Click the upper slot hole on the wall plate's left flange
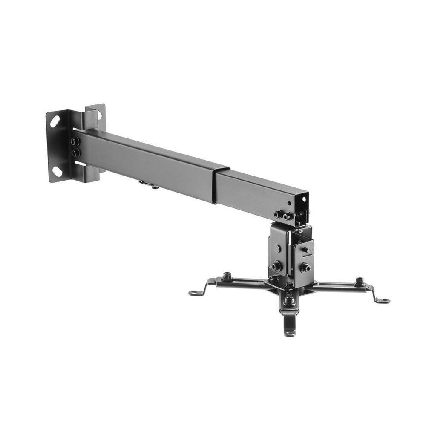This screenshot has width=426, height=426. [55, 121]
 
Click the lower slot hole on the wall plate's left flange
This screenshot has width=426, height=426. [56, 171]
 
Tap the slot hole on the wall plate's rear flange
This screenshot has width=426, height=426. [100, 115]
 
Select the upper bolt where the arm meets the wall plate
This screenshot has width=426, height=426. [75, 141]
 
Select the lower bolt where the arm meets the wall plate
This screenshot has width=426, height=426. [75, 152]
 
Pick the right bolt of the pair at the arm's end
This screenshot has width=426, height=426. [288, 216]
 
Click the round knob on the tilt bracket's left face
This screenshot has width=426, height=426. [277, 248]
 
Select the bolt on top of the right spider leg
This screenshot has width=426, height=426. [360, 281]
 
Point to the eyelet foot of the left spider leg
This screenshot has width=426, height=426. [194, 293]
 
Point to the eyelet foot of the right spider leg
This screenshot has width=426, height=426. [384, 301]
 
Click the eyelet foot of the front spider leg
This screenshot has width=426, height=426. [290, 333]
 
